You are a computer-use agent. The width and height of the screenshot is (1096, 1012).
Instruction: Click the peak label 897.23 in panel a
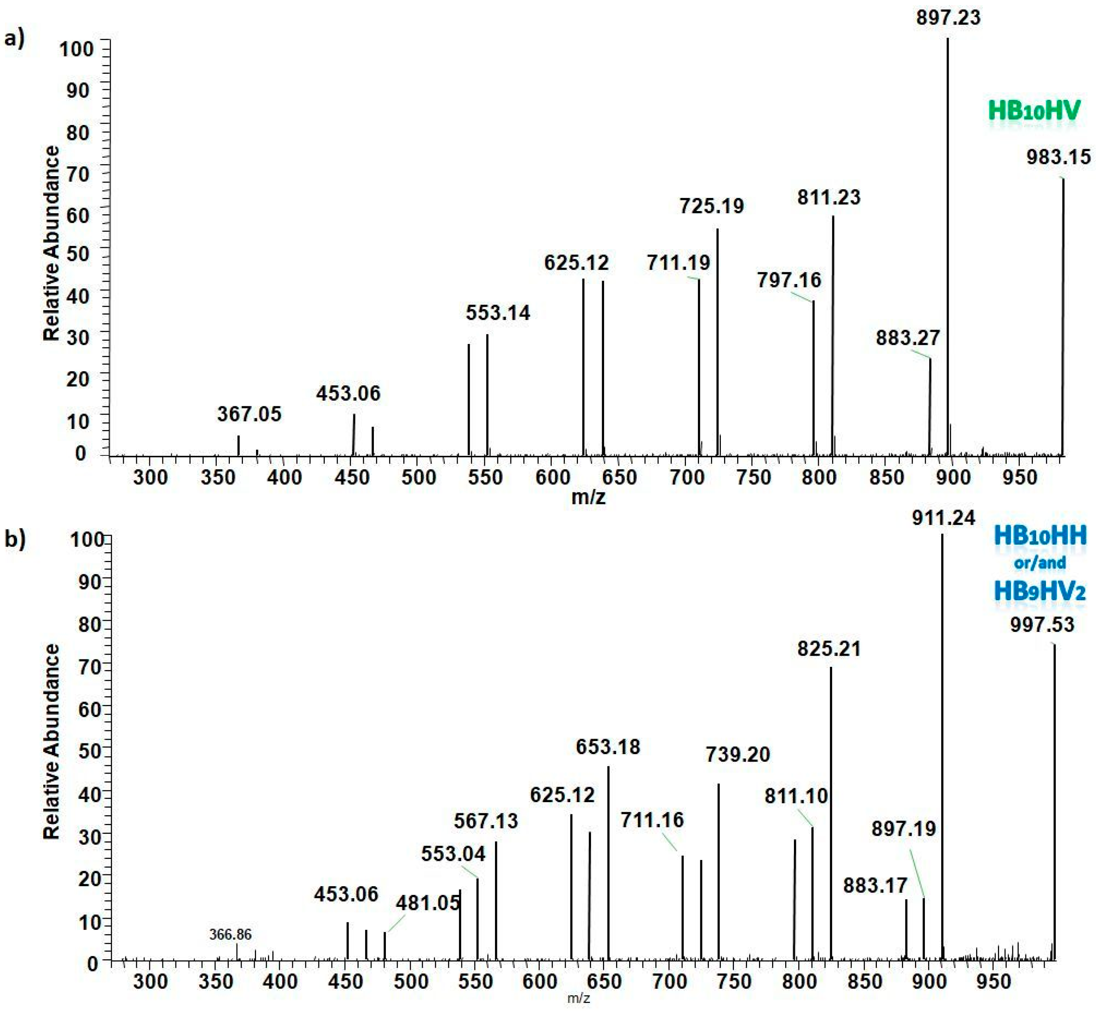click(x=948, y=17)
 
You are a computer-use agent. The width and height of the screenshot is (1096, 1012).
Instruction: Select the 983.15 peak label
click(x=1059, y=158)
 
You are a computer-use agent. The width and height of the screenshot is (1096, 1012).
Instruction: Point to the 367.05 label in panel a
click(x=249, y=414)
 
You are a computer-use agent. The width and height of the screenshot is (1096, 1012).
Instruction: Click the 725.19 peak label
click(x=712, y=206)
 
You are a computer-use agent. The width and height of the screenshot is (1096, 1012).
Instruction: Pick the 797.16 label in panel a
click(x=789, y=280)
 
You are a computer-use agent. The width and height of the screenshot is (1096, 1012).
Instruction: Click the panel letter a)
click(x=14, y=39)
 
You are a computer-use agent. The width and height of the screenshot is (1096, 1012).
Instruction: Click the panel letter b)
click(x=15, y=539)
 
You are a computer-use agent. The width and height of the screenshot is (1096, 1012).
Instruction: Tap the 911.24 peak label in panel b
click(x=944, y=518)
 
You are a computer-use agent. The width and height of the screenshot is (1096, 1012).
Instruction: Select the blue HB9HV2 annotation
click(x=1040, y=591)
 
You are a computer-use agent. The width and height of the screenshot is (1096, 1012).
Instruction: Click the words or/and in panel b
click(x=1040, y=563)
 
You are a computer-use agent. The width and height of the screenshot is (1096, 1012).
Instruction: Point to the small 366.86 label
click(x=230, y=934)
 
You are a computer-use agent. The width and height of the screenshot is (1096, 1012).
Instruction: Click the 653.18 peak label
click(x=608, y=747)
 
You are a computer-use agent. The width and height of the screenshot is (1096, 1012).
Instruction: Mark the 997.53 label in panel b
click(x=1042, y=625)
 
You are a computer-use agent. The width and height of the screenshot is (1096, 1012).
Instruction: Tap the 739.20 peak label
click(x=738, y=755)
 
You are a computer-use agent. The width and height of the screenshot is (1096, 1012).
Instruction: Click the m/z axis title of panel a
click(x=588, y=497)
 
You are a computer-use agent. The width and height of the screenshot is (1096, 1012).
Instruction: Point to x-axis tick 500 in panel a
click(x=419, y=478)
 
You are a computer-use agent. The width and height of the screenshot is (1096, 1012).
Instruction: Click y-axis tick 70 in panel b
click(x=91, y=668)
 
